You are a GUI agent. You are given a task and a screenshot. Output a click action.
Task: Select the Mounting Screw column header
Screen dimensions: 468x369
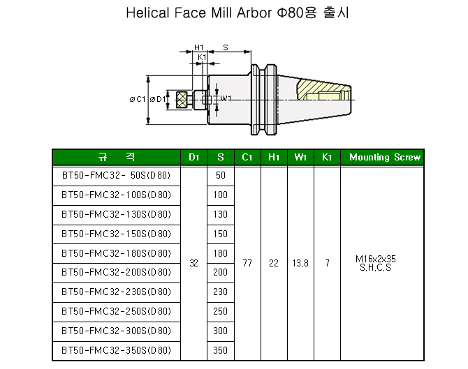[385, 157]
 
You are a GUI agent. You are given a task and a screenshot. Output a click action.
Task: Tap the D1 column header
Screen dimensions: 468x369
[193, 157]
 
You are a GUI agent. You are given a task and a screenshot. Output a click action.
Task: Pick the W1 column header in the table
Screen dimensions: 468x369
[300, 157]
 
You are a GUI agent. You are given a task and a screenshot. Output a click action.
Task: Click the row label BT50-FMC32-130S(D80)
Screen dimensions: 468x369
[116, 214]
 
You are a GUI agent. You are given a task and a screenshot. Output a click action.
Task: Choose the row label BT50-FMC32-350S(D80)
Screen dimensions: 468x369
[116, 350]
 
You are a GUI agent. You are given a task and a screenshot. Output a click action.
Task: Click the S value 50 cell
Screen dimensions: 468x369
[221, 175]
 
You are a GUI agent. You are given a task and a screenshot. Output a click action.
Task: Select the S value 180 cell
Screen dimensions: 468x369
[220, 253]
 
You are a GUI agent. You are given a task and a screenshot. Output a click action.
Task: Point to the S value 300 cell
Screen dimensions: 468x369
[220, 331]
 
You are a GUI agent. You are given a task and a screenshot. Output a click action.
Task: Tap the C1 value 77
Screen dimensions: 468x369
[247, 263]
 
